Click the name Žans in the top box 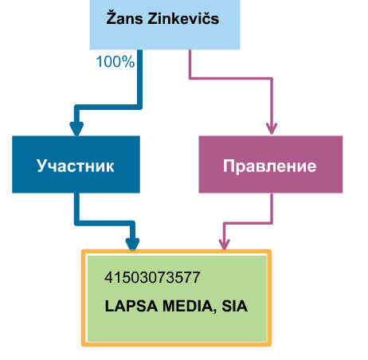pyautogui.click(x=124, y=18)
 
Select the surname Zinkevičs pyautogui.click(x=183, y=18)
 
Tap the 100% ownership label pyautogui.click(x=115, y=61)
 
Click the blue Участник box pyautogui.click(x=76, y=164)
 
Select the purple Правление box pyautogui.click(x=271, y=164)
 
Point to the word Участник pyautogui.click(x=76, y=166)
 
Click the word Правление pyautogui.click(x=269, y=166)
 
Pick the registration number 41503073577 pyautogui.click(x=152, y=277)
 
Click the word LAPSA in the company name pyautogui.click(x=131, y=306)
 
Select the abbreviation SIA pyautogui.click(x=234, y=306)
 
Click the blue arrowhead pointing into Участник pyautogui.click(x=76, y=129)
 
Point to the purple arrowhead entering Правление pyautogui.click(x=272, y=129)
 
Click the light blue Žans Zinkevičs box pyautogui.click(x=165, y=25)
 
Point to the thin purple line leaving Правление pyautogui.click(x=248, y=223)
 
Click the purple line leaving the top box pyautogui.click(x=231, y=78)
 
